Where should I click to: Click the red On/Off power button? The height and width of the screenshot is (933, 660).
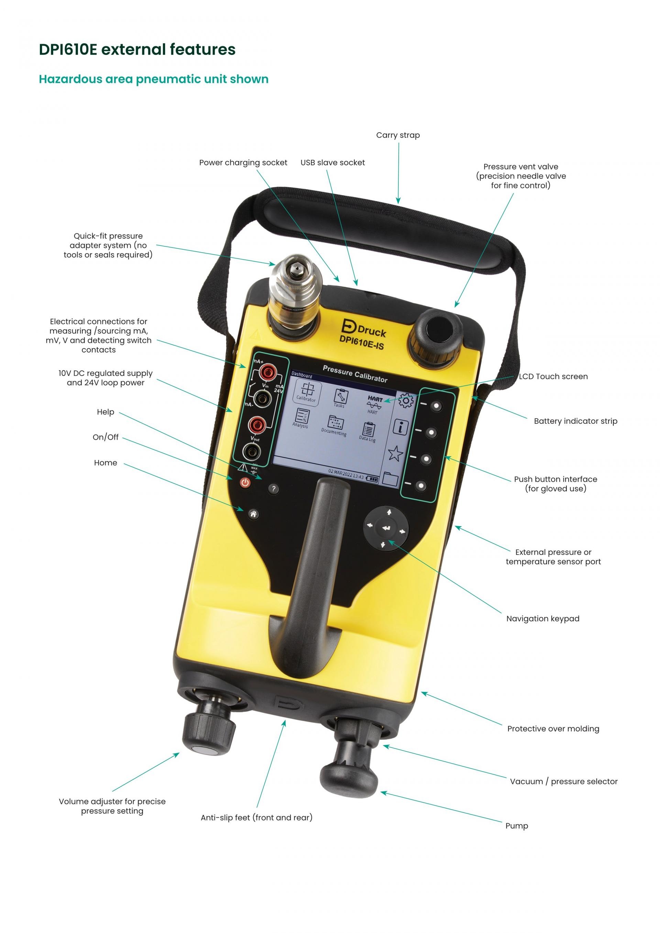[245, 482]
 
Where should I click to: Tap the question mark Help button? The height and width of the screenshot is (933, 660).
[274, 488]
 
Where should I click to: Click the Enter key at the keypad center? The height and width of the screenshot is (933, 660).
[386, 528]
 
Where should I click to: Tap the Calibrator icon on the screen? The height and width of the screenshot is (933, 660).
[307, 392]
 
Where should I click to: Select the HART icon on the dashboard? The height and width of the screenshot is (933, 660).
[374, 405]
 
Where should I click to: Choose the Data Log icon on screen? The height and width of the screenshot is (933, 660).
[368, 432]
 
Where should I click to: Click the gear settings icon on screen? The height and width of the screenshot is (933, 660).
[406, 401]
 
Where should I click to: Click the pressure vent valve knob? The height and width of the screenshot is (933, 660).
[437, 336]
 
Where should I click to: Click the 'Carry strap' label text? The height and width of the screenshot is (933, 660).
[398, 135]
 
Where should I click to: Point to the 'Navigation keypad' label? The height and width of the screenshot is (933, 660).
[542, 619]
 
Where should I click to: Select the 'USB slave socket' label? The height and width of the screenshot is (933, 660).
[332, 163]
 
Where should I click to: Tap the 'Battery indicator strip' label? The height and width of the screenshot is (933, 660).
[575, 421]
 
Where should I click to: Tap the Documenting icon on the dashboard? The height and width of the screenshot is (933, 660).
[334, 426]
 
